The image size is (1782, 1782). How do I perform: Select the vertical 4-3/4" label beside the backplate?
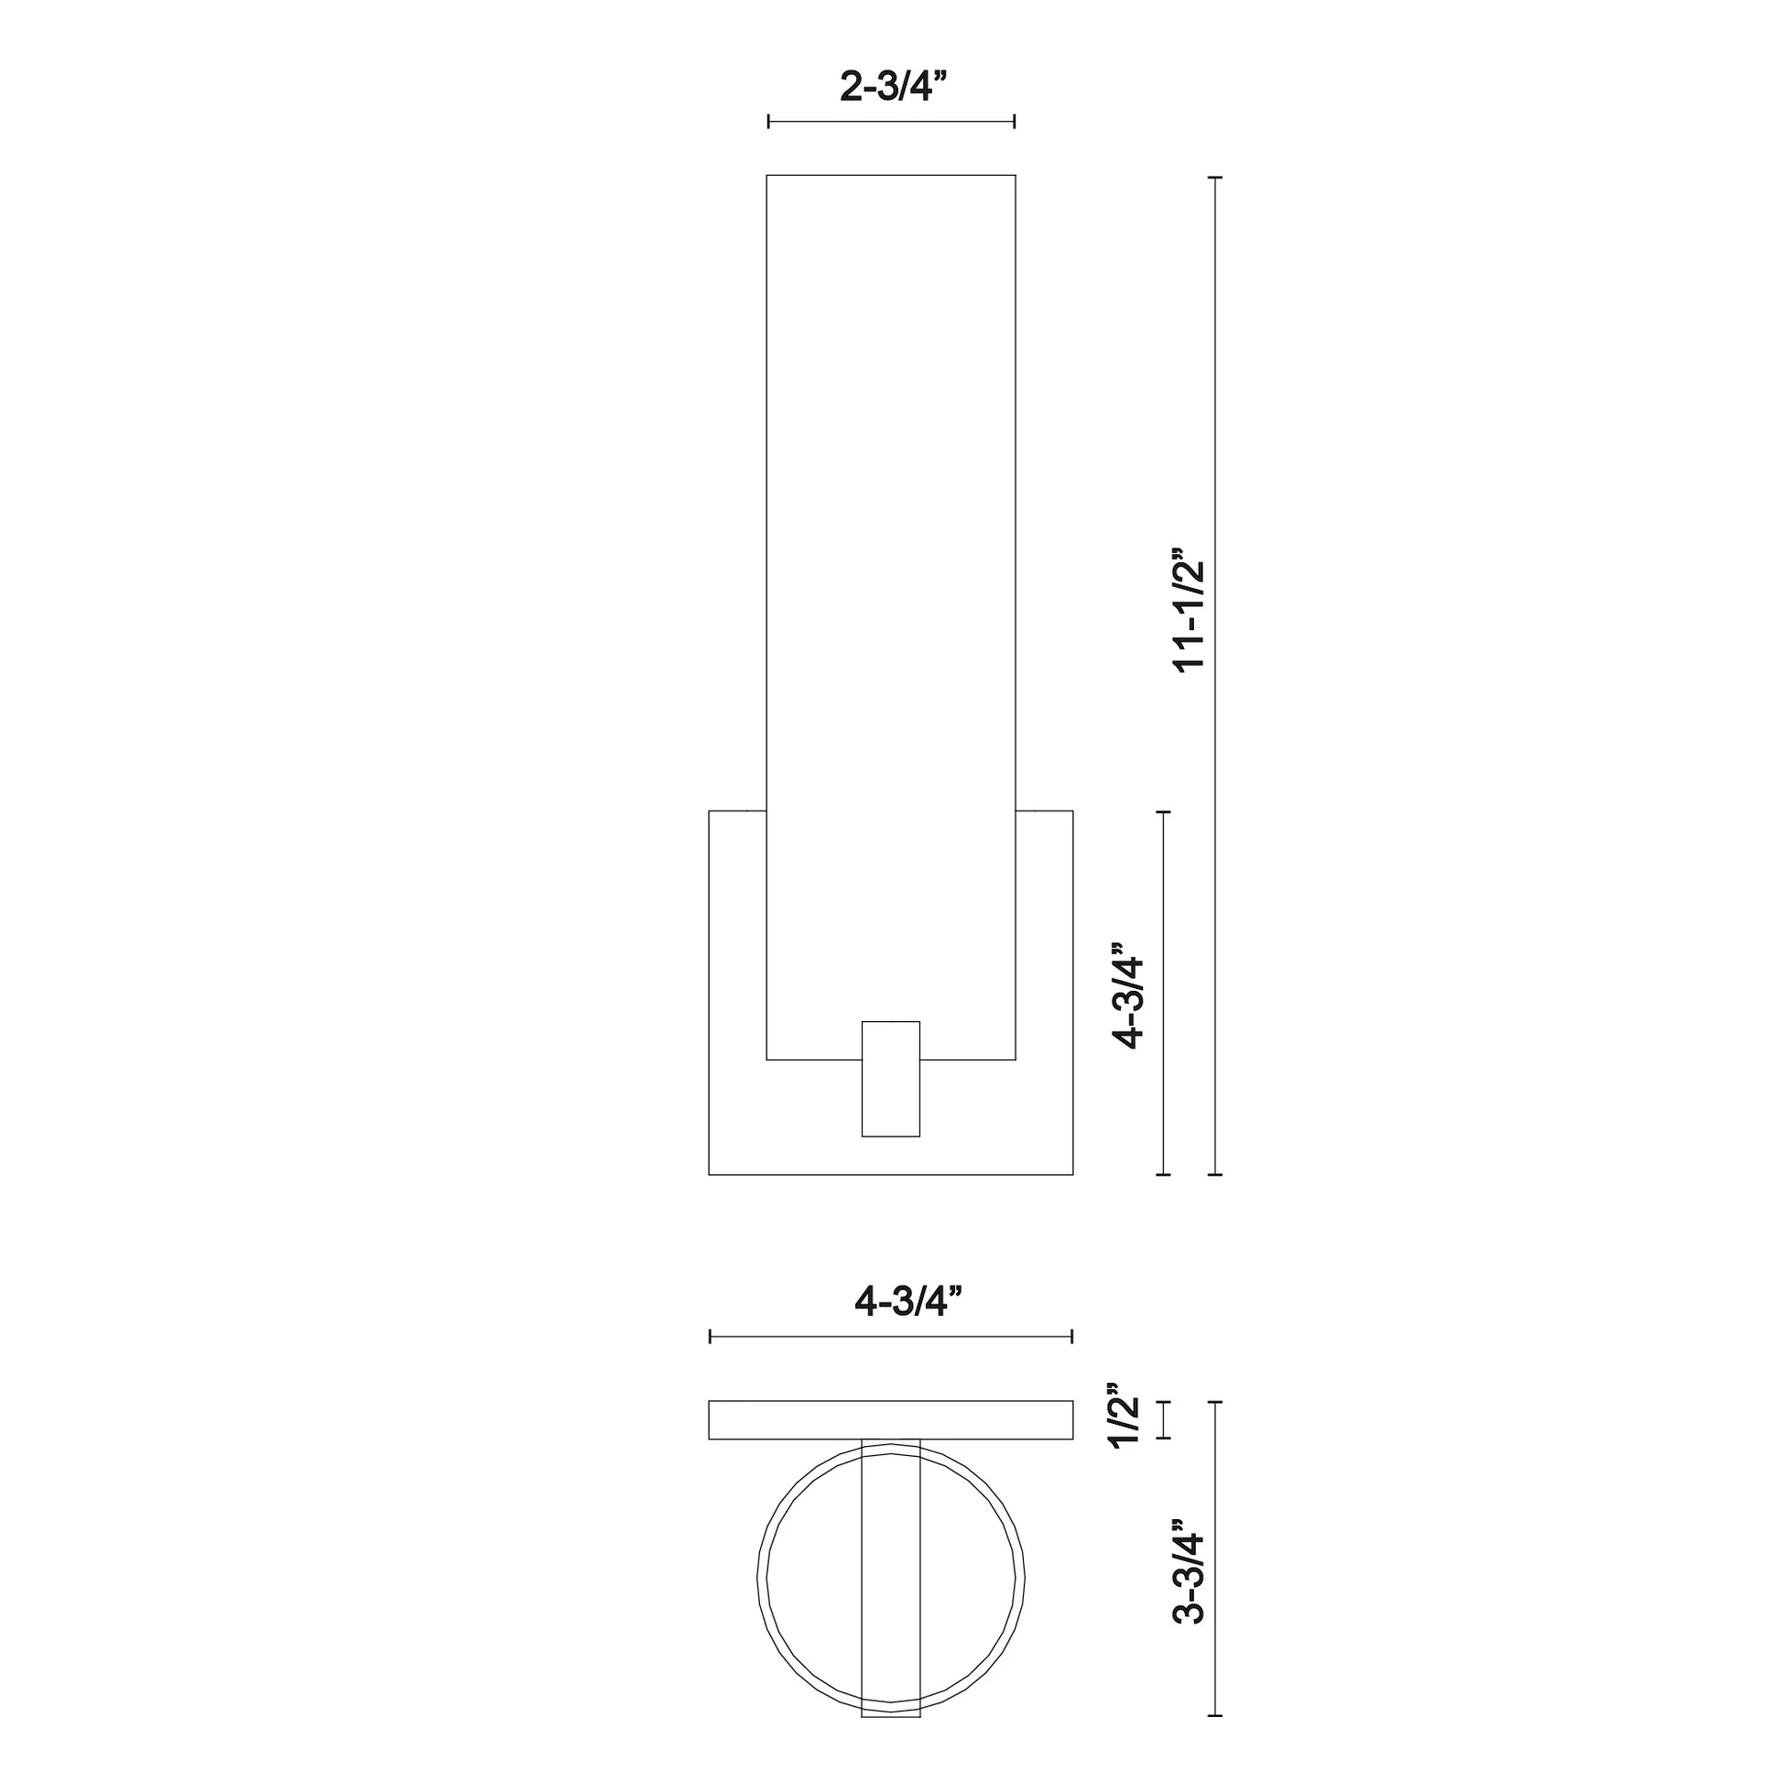[1129, 996]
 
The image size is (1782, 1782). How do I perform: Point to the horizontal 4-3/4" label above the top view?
[908, 1301]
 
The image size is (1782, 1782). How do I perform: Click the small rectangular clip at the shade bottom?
[891, 1079]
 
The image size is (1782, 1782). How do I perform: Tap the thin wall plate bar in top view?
[891, 1420]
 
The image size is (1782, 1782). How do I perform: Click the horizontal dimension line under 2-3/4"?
[892, 121]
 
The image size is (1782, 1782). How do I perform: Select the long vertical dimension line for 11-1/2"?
[1215, 675]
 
